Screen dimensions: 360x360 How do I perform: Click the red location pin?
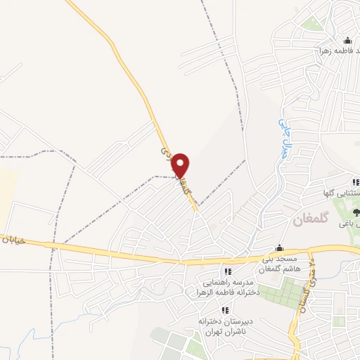(x=181, y=166)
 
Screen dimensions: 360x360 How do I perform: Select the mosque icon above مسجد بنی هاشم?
(x=279, y=247)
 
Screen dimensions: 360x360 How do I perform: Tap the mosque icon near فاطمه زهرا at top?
(x=347, y=40)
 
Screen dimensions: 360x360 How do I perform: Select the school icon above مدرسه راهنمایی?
(x=226, y=271)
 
